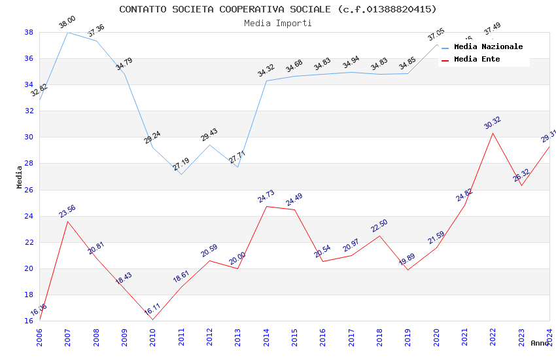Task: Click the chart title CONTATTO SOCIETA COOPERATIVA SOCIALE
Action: (x=277, y=9)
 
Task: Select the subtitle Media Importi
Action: (x=277, y=23)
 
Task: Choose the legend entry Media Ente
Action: (x=477, y=59)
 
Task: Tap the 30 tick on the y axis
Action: (x=29, y=137)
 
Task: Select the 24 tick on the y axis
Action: (x=29, y=216)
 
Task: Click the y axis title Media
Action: (x=20, y=177)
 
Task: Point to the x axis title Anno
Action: (x=540, y=343)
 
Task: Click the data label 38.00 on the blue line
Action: (x=67, y=23)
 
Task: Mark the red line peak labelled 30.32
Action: (x=493, y=133)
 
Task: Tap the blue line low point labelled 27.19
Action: (x=181, y=174)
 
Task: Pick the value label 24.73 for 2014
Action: (x=266, y=196)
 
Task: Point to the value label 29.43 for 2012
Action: (x=209, y=135)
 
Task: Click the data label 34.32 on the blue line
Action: (x=266, y=71)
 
